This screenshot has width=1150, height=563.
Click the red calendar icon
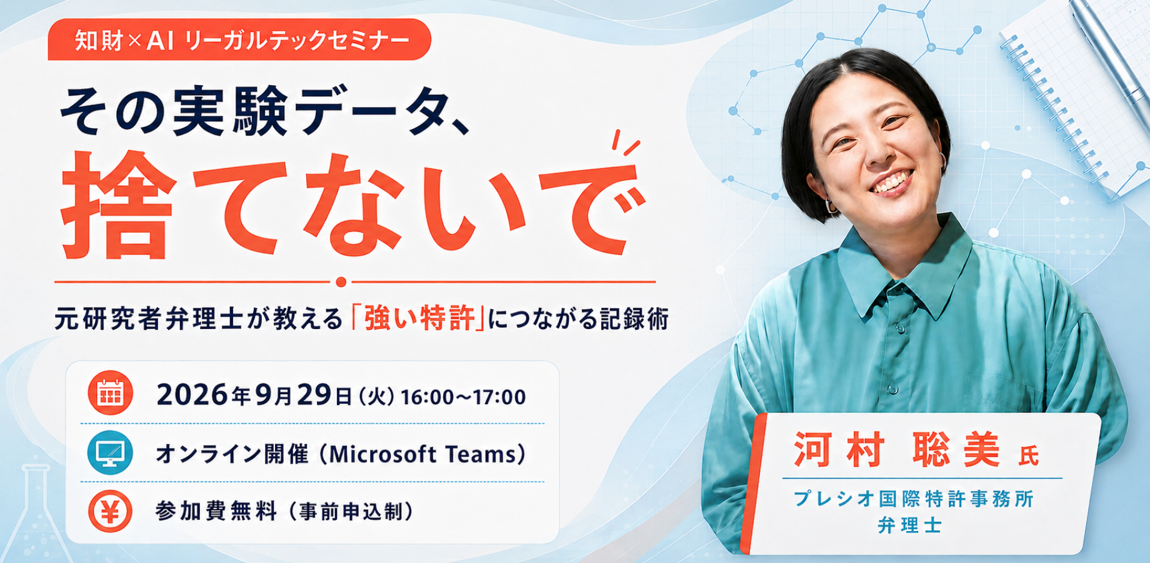click(110, 393)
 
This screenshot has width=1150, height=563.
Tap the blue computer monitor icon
click(110, 452)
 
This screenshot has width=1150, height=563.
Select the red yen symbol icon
click(110, 511)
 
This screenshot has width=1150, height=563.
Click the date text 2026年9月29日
click(254, 395)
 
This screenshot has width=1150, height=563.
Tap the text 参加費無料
click(216, 512)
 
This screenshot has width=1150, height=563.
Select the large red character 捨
click(119, 205)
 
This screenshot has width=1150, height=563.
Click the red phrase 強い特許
click(419, 318)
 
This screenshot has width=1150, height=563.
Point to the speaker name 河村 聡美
click(897, 450)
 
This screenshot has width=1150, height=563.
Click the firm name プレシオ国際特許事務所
click(914, 499)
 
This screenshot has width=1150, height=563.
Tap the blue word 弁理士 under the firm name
click(910, 525)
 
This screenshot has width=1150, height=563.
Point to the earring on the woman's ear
click(831, 207)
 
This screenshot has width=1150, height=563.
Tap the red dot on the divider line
click(341, 282)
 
